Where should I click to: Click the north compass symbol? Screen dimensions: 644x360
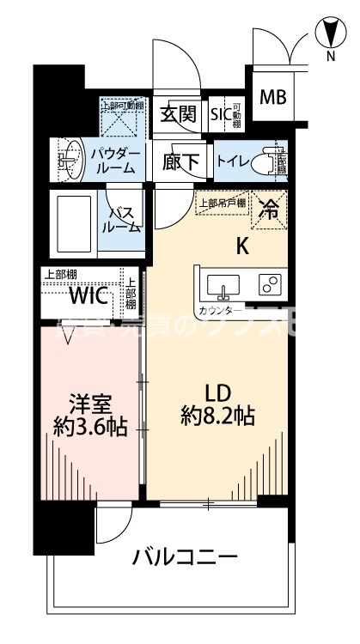point(328,34)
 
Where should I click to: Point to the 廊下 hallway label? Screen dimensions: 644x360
point(181,161)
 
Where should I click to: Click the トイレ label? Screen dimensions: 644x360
point(234,160)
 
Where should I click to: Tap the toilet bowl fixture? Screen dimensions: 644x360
point(277,161)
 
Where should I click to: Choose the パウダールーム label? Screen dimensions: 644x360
point(113,161)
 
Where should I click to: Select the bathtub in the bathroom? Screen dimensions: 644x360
point(73,222)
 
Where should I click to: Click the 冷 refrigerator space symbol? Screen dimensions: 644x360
point(269,209)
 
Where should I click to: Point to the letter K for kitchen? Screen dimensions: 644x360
point(243,247)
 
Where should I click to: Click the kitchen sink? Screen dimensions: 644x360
point(220,283)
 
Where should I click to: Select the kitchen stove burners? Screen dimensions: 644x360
point(269,283)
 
